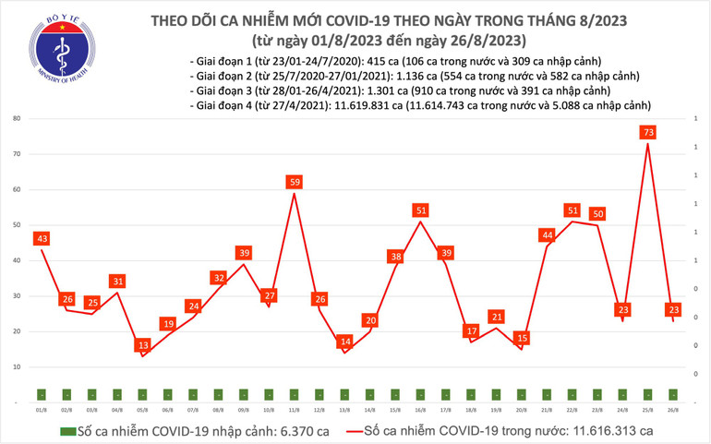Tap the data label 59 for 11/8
pos(295,183)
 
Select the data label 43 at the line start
pos(42,239)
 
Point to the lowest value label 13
pos(142,345)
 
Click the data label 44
pos(547,235)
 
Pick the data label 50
pos(597,214)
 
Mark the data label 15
pos(522,339)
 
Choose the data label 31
pos(117,282)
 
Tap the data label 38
pos(395,257)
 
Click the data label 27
pos(270,295)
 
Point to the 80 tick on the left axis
pos(17,119)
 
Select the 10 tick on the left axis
pos(17,366)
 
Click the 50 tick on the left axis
pos(17,225)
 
